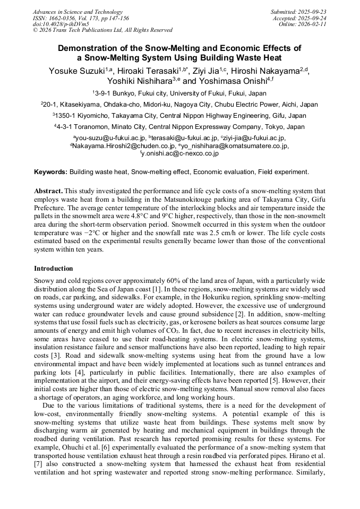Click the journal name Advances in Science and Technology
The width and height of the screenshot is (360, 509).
point(78,12)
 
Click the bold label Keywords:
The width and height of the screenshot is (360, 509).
point(51,172)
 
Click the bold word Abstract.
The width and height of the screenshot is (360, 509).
point(49,191)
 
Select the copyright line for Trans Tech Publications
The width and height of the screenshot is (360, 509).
point(102,30)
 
